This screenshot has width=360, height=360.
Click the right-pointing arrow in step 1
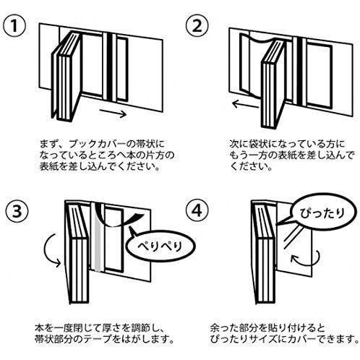[116, 113]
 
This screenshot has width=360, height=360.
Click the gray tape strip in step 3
[98, 254]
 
